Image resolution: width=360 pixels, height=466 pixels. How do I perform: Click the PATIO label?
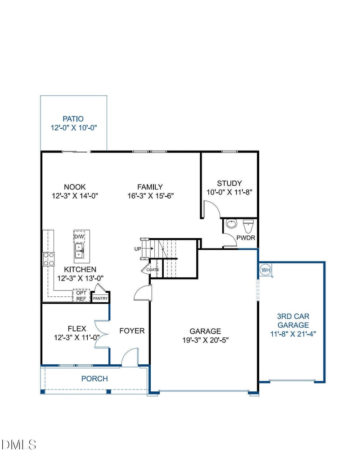(73, 119)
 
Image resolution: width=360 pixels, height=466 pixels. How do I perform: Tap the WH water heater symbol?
(265, 270)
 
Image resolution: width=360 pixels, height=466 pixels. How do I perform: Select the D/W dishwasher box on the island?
(79, 236)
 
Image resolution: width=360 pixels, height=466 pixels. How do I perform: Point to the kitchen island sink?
(79, 251)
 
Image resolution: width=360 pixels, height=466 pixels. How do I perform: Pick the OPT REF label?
(81, 295)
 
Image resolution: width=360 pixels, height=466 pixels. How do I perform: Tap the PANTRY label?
(100, 298)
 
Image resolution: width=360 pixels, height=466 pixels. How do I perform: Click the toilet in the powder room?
(248, 224)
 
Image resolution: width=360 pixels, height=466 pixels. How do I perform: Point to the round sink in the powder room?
(232, 224)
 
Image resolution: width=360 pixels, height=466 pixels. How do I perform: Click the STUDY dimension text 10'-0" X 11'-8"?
(229, 192)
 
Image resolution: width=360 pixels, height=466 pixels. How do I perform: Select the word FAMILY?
(150, 187)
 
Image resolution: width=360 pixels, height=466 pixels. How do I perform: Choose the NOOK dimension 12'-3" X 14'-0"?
(75, 196)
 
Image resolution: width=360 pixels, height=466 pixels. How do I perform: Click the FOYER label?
(132, 331)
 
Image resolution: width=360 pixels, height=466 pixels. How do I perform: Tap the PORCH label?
(94, 379)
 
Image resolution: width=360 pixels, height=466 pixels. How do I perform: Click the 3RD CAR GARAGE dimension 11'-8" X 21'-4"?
(293, 334)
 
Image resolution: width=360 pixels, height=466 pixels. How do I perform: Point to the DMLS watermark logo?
(19, 445)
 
